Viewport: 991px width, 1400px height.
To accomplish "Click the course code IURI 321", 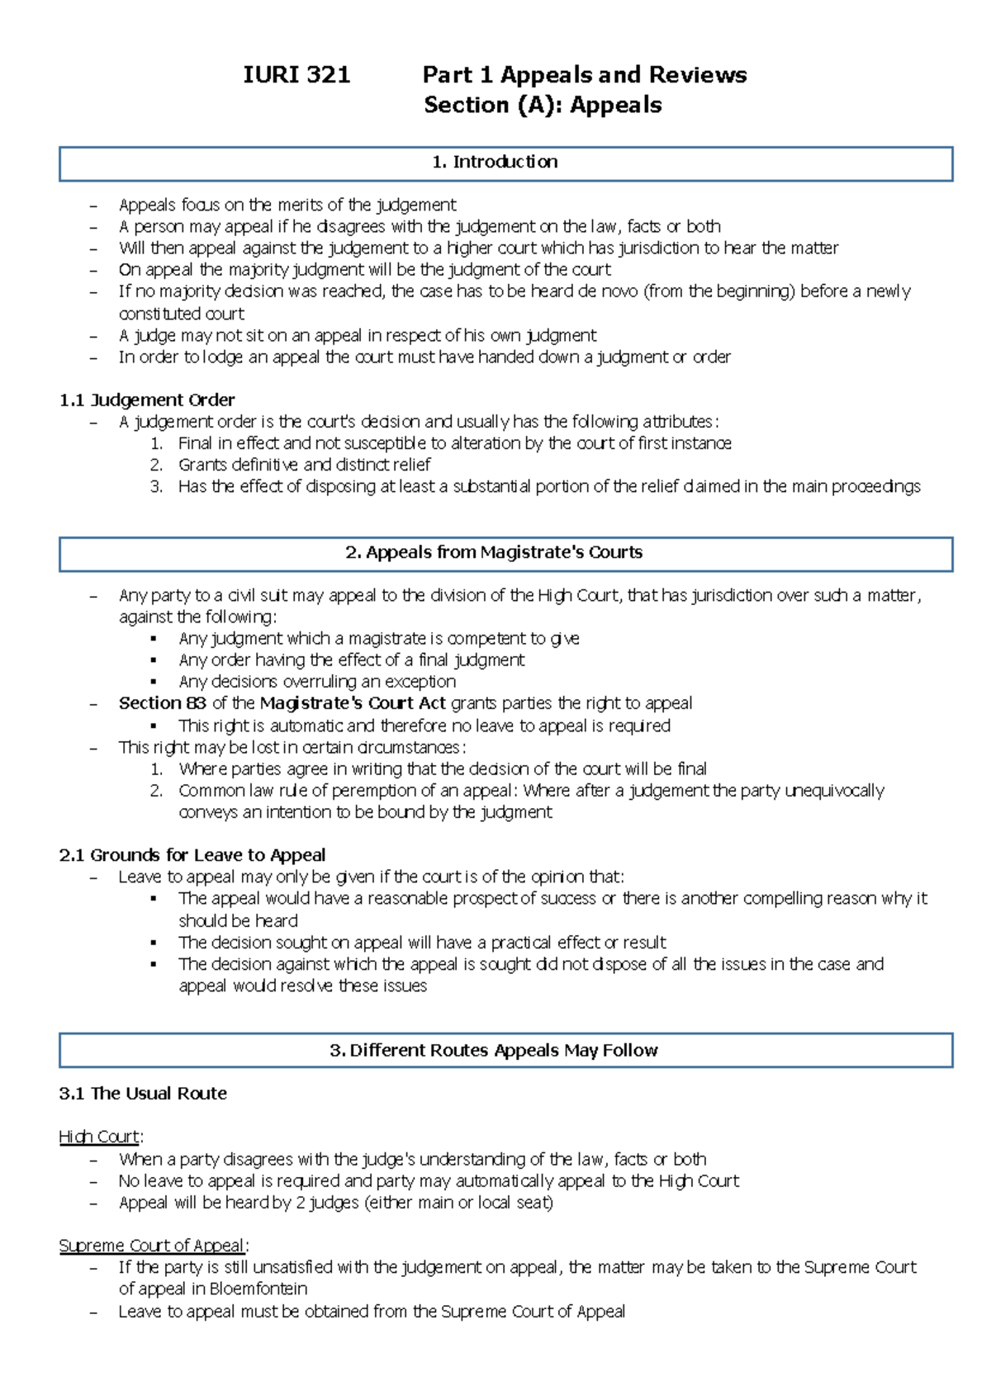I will (x=296, y=75).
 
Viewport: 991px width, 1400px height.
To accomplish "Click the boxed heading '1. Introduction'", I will (x=495, y=162).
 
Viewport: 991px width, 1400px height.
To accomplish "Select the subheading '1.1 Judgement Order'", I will (x=147, y=400).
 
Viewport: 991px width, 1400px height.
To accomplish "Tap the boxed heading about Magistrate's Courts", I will (x=494, y=552).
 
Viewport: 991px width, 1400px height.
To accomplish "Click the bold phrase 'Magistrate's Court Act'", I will (x=353, y=703).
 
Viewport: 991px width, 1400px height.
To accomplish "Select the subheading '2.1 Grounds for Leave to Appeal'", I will (x=192, y=855).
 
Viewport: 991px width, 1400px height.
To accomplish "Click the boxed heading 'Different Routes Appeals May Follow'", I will (x=494, y=1050).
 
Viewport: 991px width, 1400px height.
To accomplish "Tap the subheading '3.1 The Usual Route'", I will (x=143, y=1094).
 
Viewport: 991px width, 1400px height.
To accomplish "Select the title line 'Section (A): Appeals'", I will (x=543, y=106).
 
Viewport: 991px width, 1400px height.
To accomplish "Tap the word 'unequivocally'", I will (x=834, y=791).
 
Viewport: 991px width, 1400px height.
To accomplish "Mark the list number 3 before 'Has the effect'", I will (x=156, y=487).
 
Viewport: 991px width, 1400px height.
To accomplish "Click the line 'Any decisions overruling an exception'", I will (x=317, y=682).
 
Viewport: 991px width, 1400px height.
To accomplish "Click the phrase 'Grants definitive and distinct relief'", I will (x=304, y=465).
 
